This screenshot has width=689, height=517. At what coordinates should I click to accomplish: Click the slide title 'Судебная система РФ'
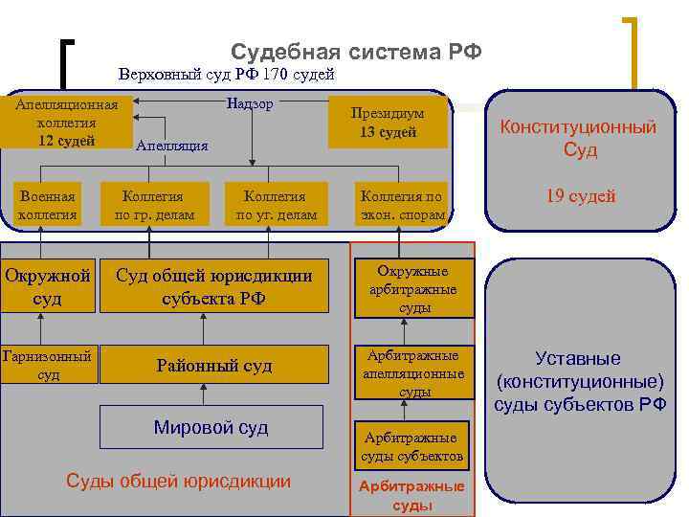click(356, 51)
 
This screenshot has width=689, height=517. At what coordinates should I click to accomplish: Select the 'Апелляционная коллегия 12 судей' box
click(64, 123)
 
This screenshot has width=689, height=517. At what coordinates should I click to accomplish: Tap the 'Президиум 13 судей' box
click(388, 123)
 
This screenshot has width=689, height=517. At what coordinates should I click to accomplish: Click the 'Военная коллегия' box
click(48, 205)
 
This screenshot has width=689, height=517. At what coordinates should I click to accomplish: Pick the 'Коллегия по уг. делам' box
click(276, 205)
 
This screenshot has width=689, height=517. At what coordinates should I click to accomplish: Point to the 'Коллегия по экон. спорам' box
click(401, 205)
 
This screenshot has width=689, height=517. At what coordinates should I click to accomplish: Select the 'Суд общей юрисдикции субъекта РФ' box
click(214, 286)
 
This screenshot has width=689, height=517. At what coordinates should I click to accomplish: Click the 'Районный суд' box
click(214, 366)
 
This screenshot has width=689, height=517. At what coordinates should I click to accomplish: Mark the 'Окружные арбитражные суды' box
click(415, 288)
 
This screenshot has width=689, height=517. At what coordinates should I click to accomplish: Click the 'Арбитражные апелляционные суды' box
click(415, 372)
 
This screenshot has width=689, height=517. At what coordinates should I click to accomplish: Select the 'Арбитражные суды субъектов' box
click(412, 446)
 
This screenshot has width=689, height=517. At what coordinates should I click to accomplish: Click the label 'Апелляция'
click(172, 146)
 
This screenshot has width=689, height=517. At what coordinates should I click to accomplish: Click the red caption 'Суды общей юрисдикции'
click(178, 481)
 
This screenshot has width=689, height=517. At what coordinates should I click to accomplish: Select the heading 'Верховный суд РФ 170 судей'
click(226, 74)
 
